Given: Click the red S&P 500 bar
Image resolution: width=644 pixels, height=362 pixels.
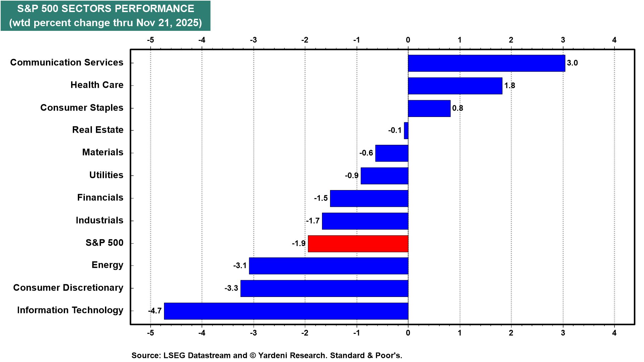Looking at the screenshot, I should (358, 244).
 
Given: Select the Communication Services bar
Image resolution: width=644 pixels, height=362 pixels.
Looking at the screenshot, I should (486, 63).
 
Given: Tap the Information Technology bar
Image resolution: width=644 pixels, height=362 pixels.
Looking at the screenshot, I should (286, 311).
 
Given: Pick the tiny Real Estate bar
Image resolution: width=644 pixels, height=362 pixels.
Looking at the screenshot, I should (406, 131).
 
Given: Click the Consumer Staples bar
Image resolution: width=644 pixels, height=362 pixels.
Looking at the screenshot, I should (429, 108).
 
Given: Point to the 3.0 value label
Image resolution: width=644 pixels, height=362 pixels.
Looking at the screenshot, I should (572, 63).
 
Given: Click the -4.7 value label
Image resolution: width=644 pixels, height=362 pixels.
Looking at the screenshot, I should (155, 311).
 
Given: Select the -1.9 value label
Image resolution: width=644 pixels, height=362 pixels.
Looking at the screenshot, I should (299, 243).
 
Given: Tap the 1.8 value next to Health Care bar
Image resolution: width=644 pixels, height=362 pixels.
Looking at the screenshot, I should (509, 85).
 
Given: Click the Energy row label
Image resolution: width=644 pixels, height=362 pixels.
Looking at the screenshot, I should (107, 265).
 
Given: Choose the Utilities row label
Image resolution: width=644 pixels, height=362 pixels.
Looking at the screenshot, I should (106, 175).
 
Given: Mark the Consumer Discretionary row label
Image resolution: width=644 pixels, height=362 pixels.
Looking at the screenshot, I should (68, 288).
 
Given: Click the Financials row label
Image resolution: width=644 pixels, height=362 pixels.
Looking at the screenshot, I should (100, 197).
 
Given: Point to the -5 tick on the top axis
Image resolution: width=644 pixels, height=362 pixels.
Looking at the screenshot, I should (150, 40).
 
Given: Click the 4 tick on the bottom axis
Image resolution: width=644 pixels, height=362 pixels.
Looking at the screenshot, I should (614, 333).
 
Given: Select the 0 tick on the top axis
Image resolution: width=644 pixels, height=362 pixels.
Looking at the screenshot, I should (408, 40).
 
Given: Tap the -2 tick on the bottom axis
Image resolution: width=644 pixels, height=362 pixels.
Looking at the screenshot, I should (305, 333).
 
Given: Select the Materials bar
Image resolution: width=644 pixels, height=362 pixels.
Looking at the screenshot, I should (391, 153).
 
